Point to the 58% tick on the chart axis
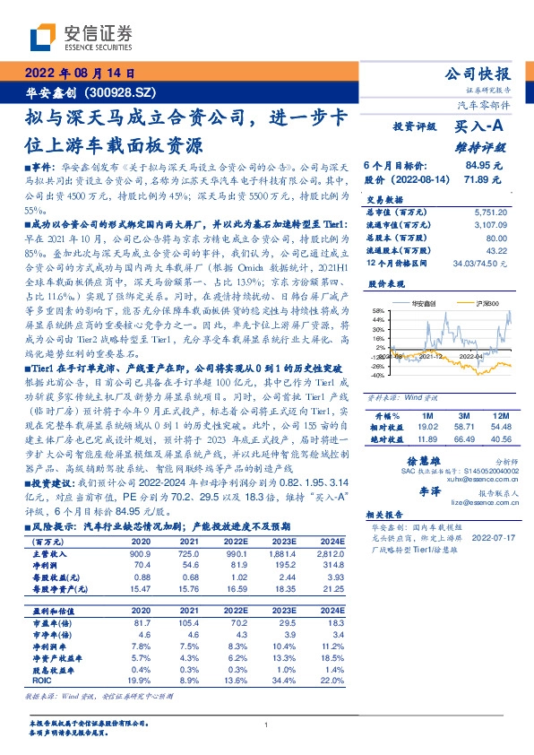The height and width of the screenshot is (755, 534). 379,310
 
